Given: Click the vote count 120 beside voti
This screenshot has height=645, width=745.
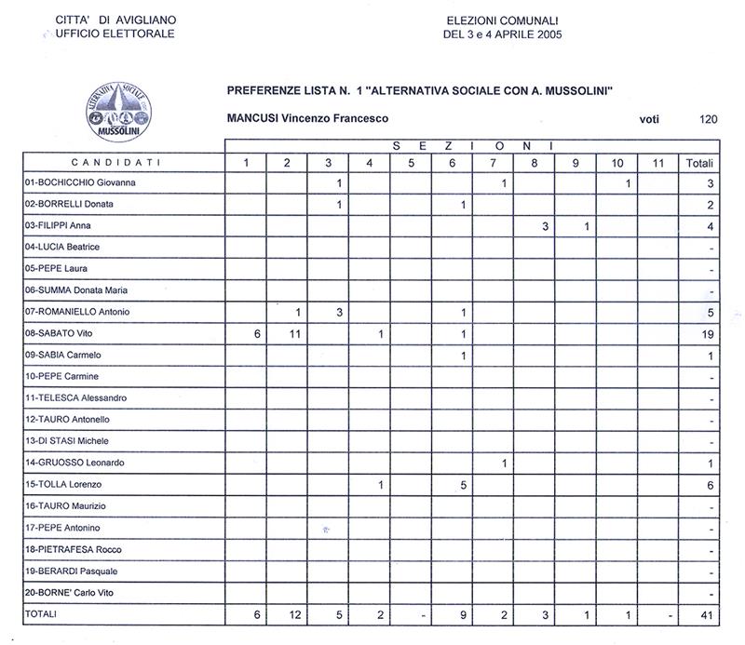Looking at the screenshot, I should [708, 119].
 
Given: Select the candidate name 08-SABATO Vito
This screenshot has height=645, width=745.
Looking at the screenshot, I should [63, 333].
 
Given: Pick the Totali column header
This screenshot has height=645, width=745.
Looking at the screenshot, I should [699, 163].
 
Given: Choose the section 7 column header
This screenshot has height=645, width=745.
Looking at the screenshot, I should [493, 163].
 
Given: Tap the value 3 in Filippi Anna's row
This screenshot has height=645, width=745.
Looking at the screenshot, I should [545, 226].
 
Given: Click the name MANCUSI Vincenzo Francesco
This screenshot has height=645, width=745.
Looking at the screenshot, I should [307, 119].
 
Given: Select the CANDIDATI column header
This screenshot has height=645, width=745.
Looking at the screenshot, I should [121, 163].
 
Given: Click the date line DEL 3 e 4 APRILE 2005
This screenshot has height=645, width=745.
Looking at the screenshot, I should [503, 35].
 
